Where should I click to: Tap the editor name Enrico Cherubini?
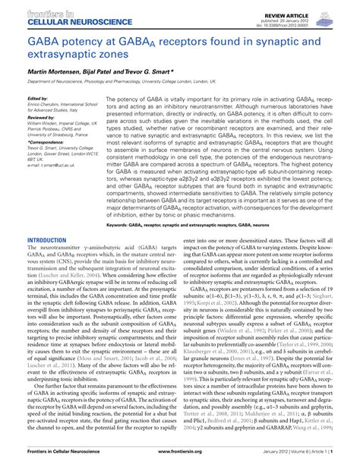(x=43, y=103)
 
